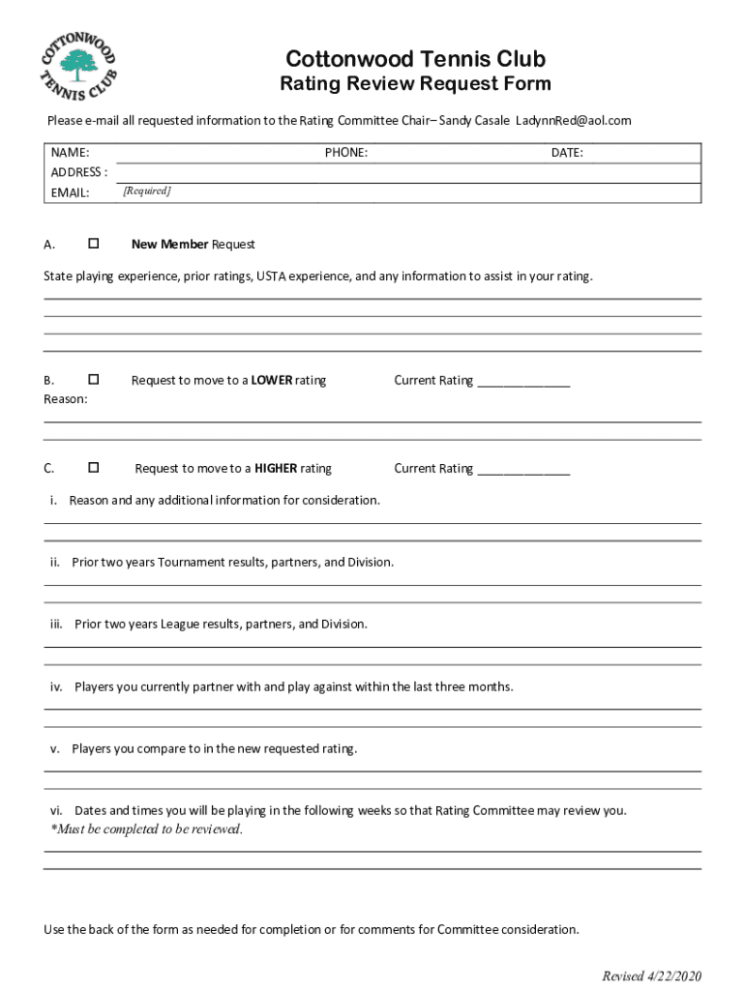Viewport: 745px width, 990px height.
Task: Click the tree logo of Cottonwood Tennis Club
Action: [x=74, y=66]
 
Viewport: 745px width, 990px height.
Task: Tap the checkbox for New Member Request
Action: [x=94, y=244]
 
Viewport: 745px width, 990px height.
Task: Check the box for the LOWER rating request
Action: [x=94, y=380]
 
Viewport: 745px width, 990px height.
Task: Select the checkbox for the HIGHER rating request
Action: [x=94, y=468]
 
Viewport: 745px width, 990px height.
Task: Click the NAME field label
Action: [x=70, y=153]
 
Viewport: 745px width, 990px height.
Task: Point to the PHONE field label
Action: [x=345, y=153]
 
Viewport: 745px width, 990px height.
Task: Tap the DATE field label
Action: [x=567, y=153]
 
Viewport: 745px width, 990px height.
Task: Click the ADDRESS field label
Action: [x=78, y=172]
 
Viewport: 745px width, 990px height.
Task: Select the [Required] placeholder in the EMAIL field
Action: [x=147, y=191]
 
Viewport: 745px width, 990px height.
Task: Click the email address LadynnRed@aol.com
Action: [x=573, y=120]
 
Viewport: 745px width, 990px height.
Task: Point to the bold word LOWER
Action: [x=272, y=380]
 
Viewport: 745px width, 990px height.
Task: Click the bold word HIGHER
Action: [x=276, y=468]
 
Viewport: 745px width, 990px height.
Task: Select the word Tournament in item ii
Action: [x=191, y=562]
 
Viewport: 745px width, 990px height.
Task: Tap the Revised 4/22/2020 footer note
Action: [x=651, y=975]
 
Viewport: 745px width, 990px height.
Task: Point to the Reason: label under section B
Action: [x=66, y=398]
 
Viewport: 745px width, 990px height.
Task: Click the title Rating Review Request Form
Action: [x=415, y=84]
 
